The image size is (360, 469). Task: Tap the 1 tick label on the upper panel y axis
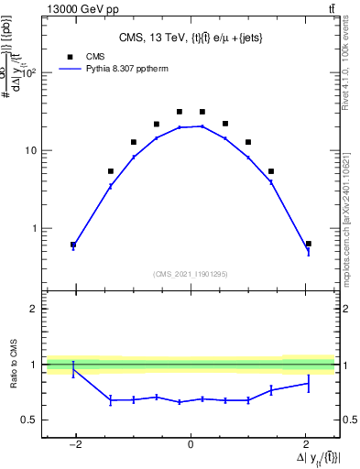[35, 228]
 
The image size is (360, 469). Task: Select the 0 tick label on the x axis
[191, 444]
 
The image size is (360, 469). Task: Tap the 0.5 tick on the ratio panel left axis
[30, 420]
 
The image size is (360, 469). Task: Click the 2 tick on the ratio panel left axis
[35, 310]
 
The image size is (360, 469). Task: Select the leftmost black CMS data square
[73, 245]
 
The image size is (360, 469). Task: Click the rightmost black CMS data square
[309, 244]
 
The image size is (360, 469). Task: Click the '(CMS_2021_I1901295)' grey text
[191, 274]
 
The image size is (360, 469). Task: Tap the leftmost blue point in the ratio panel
[73, 369]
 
